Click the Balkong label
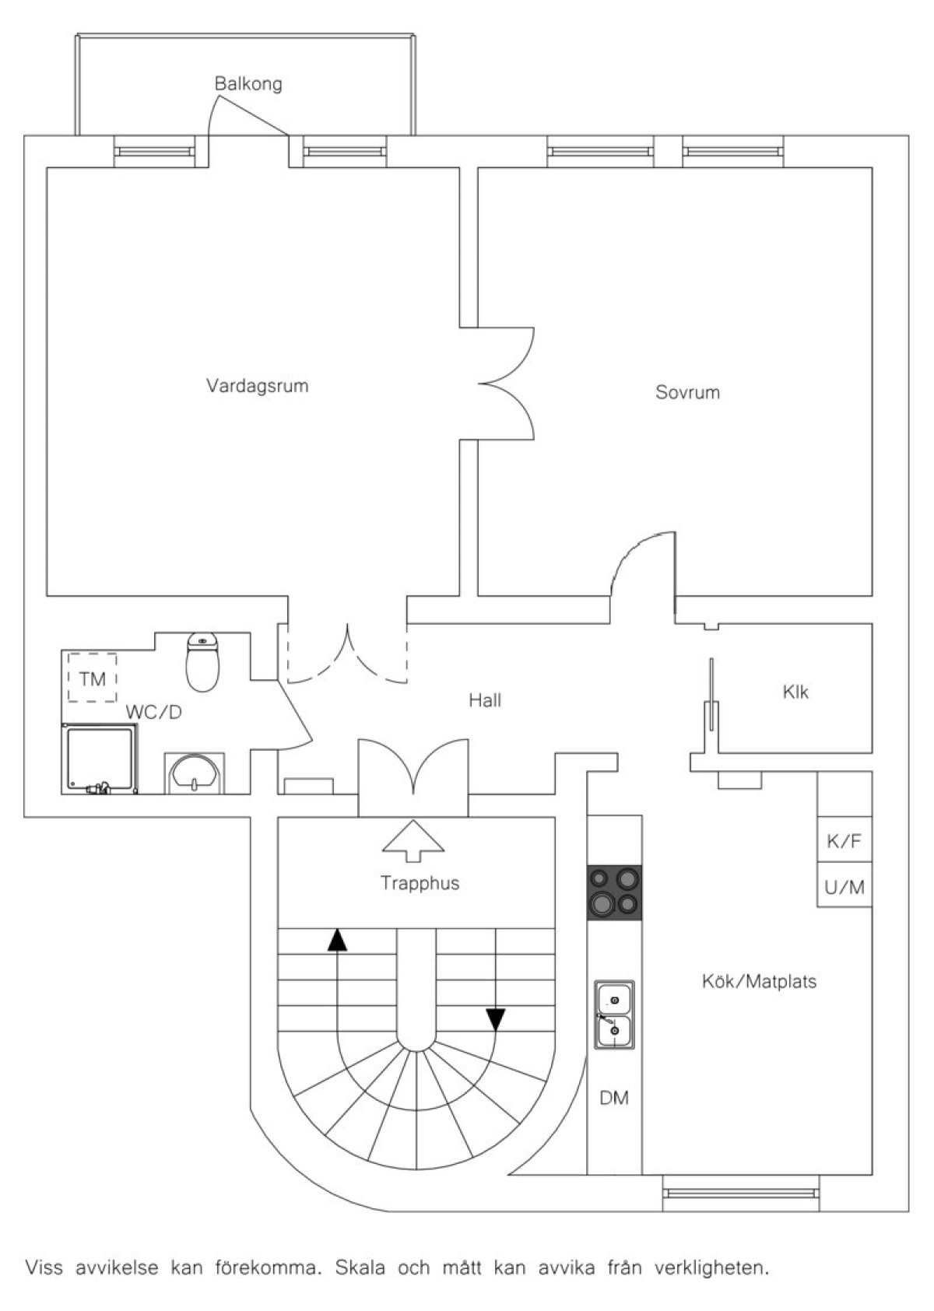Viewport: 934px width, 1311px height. coord(248,84)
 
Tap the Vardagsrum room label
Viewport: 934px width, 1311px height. coord(258,386)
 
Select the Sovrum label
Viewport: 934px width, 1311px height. coord(687,392)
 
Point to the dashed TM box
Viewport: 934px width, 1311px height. coord(93,677)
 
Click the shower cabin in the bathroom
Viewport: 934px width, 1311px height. coord(100,759)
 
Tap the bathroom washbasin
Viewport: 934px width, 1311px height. coord(194,773)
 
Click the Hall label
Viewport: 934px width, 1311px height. coord(485,700)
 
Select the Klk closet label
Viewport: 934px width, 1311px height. coord(795,692)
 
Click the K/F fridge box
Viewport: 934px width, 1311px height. coord(844,841)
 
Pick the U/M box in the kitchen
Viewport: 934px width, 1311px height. coord(844,887)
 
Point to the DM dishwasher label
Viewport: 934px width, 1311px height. coord(614,1099)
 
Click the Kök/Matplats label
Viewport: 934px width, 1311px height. coord(759,981)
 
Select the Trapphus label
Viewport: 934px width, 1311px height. coord(420,883)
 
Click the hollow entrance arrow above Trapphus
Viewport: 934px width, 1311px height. coord(413,840)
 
